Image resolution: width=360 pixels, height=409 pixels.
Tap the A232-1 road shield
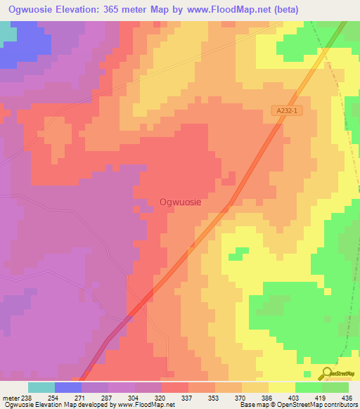tap(288, 111)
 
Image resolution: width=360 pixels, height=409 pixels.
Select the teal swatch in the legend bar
tap(41, 387)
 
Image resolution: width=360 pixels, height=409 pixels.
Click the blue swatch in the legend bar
tap(67, 387)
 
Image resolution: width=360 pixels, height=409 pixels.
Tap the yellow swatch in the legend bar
tap(281, 387)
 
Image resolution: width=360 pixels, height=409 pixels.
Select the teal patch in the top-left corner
tap(7, 34)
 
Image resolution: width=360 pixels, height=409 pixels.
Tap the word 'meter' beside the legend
tap(10, 397)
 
